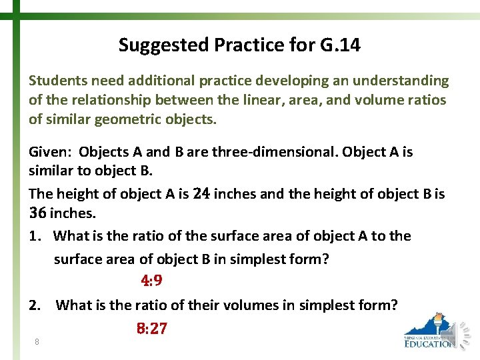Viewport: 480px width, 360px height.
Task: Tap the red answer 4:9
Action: point(151,281)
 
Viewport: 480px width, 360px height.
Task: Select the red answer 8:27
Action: point(151,328)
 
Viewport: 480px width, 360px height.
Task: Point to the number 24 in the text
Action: point(201,194)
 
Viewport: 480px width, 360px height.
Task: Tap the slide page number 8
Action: point(37,342)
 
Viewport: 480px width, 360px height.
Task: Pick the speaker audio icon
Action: point(462,331)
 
